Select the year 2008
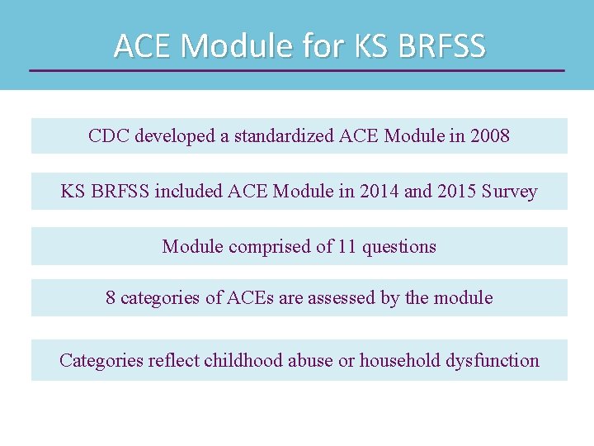click(490, 136)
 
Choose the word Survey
click(510, 192)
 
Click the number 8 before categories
click(111, 298)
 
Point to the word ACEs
click(250, 298)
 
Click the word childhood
click(243, 361)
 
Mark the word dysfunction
click(493, 361)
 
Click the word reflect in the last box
click(174, 361)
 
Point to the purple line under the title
click(297, 70)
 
